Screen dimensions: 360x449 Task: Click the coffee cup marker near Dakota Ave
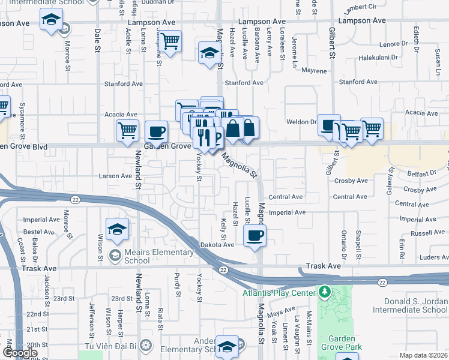255,235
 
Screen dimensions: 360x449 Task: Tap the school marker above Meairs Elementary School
117,229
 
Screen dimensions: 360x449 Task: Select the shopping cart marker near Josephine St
170,41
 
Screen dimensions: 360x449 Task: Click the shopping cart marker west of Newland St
127,130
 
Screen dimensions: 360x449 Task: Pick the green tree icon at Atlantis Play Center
325,292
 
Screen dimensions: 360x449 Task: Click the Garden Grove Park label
342,343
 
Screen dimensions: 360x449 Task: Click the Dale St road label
97,40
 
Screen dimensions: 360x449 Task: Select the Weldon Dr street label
306,121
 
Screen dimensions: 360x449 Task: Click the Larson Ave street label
115,176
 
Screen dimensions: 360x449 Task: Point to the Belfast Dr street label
424,172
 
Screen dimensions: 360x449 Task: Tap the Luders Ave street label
434,257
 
